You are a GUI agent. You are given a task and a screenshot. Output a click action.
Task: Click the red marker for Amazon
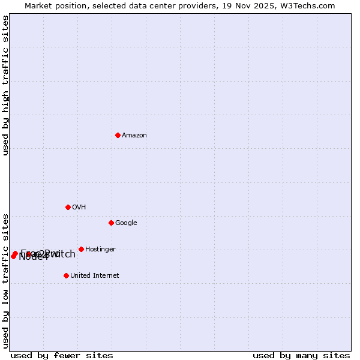[118, 135]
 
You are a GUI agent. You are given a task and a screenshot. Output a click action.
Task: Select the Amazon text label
[134, 136]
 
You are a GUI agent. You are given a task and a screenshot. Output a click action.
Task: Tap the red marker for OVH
[68, 207]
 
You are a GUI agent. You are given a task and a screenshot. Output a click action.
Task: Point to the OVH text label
[79, 208]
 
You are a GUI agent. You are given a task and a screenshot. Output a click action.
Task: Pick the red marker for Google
[111, 223]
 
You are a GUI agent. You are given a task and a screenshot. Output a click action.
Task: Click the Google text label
[126, 223]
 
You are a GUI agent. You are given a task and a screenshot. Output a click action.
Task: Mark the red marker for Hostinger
[81, 249]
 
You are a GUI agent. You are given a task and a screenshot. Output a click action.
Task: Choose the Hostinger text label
[100, 250]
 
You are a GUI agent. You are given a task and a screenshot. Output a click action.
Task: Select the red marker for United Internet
[66, 275]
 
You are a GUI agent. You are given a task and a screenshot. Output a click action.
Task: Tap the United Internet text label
[95, 276]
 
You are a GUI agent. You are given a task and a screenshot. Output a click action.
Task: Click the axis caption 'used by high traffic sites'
[6, 85]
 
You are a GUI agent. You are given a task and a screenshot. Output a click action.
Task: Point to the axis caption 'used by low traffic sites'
[6, 280]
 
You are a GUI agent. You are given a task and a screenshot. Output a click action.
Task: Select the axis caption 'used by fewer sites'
[62, 356]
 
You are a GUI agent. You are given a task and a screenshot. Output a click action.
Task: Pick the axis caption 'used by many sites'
[301, 356]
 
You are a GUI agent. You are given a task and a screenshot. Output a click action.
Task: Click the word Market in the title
[39, 6]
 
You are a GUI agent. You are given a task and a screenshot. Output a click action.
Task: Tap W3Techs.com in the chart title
[310, 6]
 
